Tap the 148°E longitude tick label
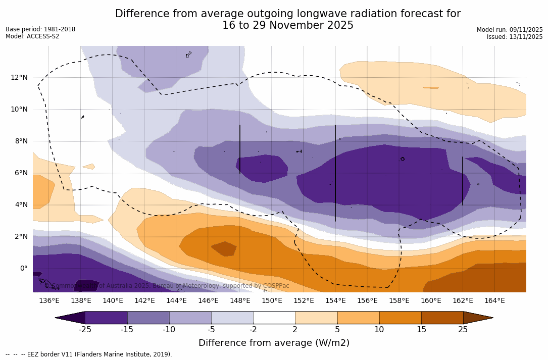point(240,301)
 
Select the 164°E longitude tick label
point(494,301)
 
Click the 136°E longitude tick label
point(49,301)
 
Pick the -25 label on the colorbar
point(85,330)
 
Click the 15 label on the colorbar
point(421,330)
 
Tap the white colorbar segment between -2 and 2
point(274,318)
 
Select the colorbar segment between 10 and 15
point(400,318)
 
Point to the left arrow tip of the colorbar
point(57,318)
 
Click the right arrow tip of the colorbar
point(492,318)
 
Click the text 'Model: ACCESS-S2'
point(32,36)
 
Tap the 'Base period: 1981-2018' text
point(40,29)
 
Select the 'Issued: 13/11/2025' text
point(515,37)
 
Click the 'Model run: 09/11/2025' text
point(510,30)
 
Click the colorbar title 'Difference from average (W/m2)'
point(274,343)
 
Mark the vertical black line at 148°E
point(240,149)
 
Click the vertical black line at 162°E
point(463,181)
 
